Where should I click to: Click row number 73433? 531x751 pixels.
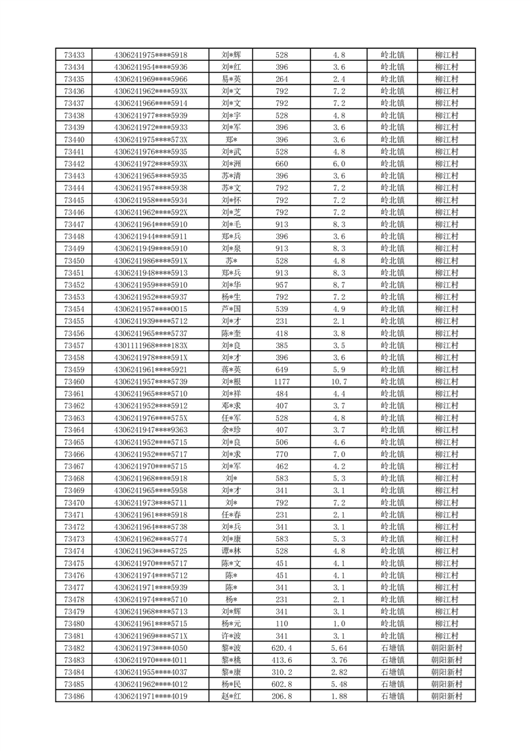click(74, 55)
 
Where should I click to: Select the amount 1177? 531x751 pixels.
click(282, 382)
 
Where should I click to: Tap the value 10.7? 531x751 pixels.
click(338, 382)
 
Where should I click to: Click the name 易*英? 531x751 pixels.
click(231, 79)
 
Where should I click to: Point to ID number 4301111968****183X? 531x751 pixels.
click(150, 345)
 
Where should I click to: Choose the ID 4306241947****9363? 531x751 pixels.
click(150, 430)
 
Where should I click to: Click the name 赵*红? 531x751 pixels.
click(231, 697)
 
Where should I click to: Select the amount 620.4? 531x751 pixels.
click(282, 649)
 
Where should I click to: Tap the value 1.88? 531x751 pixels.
click(338, 697)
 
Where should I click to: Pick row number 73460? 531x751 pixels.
click(74, 382)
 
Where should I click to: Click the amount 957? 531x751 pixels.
click(282, 284)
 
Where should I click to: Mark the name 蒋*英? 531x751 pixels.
click(231, 369)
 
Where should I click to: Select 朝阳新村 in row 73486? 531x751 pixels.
click(446, 697)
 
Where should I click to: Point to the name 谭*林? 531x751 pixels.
click(231, 551)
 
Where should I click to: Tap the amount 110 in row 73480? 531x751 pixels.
click(282, 624)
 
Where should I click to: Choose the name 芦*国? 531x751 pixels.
click(231, 309)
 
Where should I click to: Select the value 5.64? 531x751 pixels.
click(338, 649)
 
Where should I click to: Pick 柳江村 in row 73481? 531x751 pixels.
click(446, 636)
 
